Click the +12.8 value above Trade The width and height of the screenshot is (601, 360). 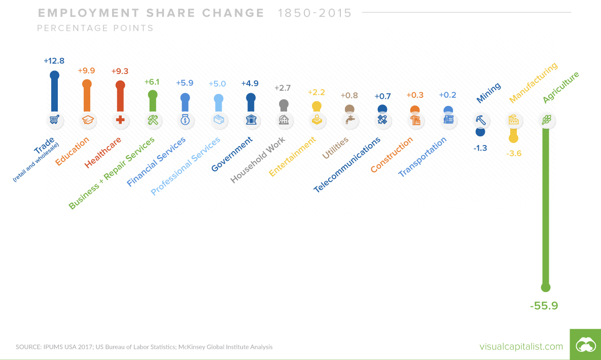pos(54,61)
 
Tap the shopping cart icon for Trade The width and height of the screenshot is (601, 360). pos(54,120)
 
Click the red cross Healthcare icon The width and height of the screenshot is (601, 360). pos(120,120)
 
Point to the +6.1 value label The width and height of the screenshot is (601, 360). pos(152,82)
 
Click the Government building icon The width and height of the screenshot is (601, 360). pos(251,120)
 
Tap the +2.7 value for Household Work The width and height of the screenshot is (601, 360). pos(282,88)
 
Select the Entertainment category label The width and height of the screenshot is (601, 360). pos(292,157)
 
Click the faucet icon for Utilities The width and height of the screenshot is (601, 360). pos(349,120)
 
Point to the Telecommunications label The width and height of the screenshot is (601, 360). pos(347,165)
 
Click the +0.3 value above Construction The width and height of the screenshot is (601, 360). pos(415,95)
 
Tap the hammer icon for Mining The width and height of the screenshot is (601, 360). pos(481,120)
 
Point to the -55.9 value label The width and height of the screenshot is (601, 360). pos(544,306)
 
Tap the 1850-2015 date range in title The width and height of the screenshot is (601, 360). pos(314,13)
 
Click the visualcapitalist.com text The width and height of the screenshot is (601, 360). pos(521,346)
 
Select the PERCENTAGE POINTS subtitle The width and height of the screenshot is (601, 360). pos(95,28)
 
